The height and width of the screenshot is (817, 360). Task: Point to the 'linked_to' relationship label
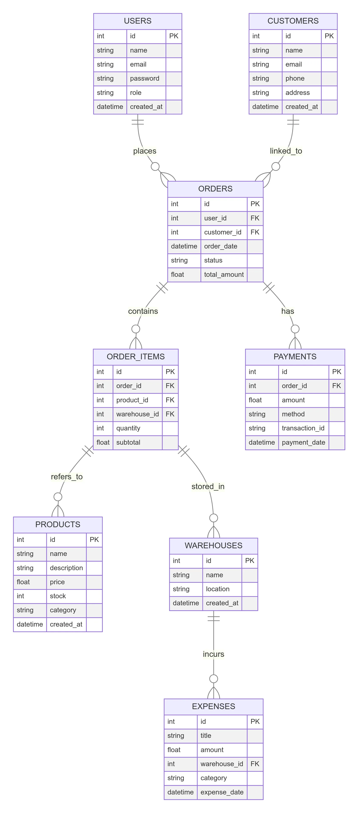[286, 151]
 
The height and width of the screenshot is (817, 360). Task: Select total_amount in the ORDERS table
[224, 274]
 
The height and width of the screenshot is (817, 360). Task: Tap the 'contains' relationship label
[143, 311]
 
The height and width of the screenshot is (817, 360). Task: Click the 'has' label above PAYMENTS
[287, 311]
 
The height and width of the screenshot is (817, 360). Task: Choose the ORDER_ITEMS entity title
[136, 357]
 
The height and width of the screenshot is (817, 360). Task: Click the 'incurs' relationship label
[213, 654]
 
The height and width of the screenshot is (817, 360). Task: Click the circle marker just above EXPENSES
[213, 679]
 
